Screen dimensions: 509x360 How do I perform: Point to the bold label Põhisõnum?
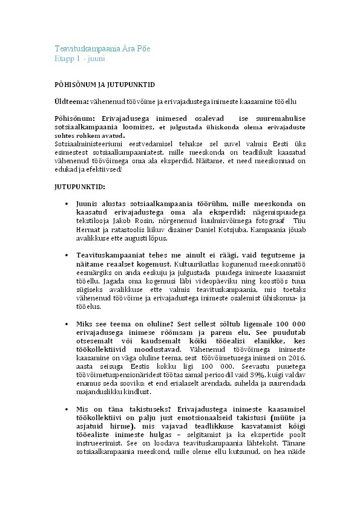[x=72, y=119]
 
